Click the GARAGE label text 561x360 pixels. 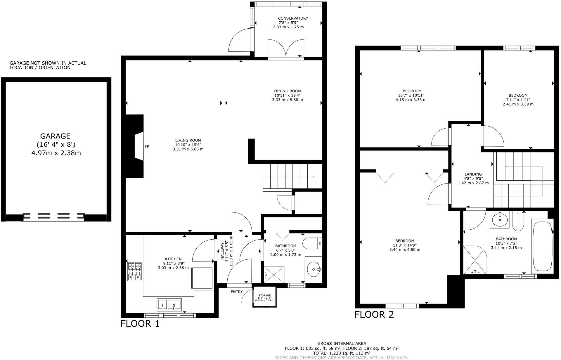point(55,136)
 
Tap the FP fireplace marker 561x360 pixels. point(147,146)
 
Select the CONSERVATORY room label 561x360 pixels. point(293,18)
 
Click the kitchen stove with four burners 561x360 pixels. point(135,271)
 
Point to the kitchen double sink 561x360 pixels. point(169,304)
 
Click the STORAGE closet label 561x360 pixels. point(264,295)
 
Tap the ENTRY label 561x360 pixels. point(236,292)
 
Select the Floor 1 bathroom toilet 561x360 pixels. point(312,243)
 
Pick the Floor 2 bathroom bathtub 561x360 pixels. point(542,246)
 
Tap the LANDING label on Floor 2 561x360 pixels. point(473,174)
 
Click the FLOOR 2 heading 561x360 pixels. point(374,315)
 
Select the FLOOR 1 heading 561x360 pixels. point(140,324)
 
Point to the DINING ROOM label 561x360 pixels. point(287,91)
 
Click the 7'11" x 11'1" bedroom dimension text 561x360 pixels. point(518,100)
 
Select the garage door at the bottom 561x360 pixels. point(54,217)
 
